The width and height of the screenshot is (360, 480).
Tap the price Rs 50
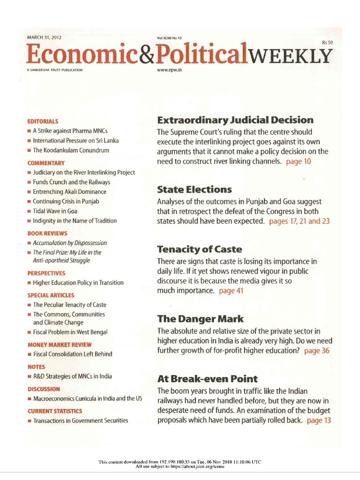coord(327,43)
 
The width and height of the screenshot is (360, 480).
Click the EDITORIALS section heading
coord(43,121)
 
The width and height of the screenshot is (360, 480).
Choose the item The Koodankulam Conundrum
coord(71,150)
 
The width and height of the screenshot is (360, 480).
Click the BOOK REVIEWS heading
coord(47,233)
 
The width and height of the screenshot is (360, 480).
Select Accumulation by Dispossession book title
coord(70,243)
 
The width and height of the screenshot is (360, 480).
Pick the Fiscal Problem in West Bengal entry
coord(70,332)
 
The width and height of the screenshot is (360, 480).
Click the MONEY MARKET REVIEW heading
coord(60,345)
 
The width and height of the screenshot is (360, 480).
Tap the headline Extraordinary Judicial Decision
coord(235,120)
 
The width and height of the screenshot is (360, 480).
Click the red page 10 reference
coord(298,161)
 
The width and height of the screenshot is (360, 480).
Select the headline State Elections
coord(195,189)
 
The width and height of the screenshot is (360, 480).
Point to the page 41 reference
coord(231,291)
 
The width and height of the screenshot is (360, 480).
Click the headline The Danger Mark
coord(200,319)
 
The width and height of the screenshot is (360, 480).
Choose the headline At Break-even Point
coord(207,378)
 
